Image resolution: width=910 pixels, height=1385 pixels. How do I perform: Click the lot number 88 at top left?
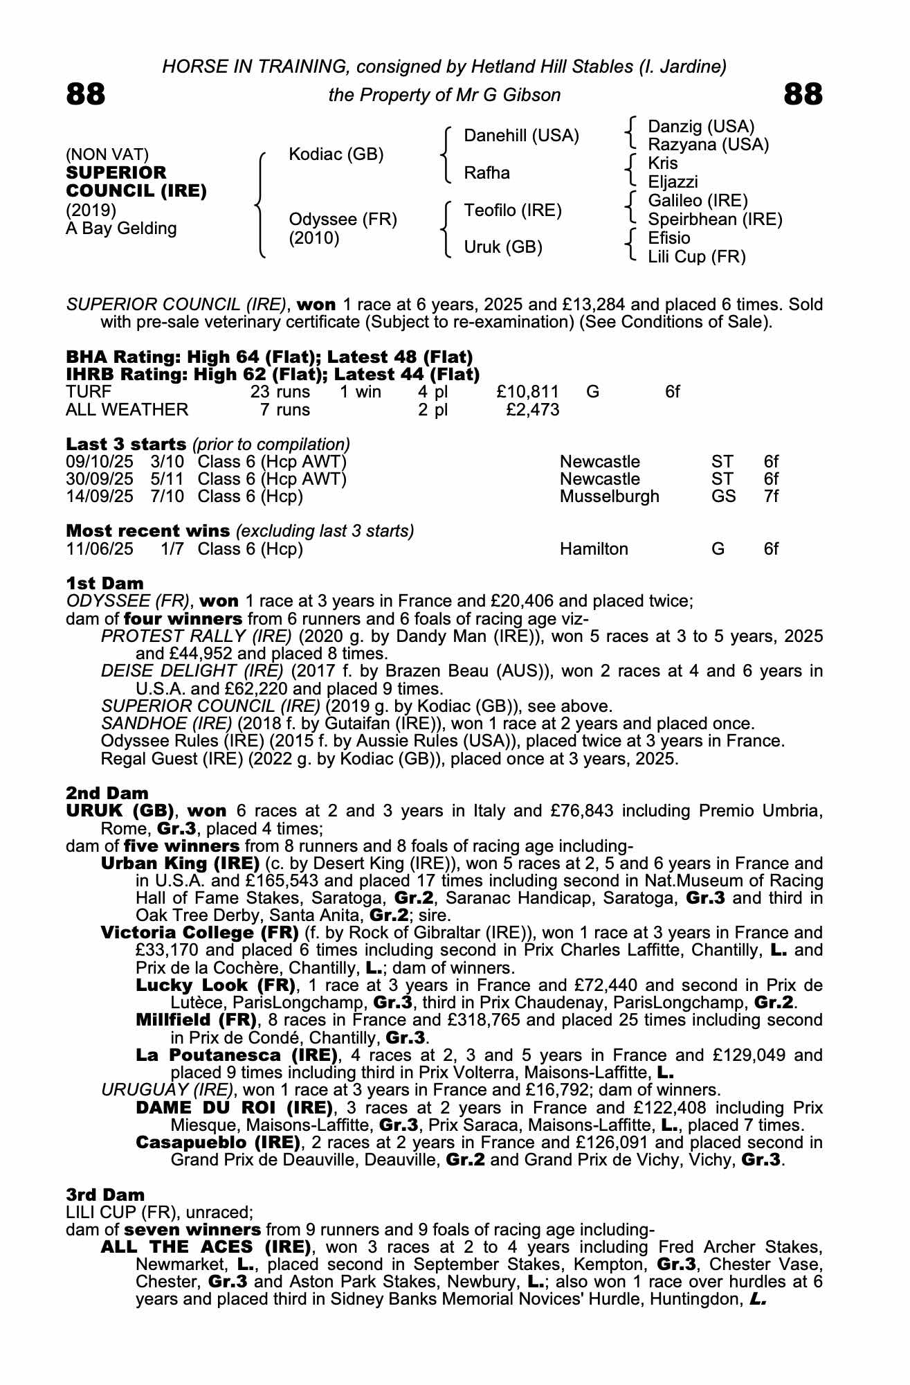[86, 94]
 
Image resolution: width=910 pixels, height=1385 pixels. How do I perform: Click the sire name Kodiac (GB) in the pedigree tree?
[336, 154]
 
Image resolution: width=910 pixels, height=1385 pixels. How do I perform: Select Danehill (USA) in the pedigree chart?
[521, 136]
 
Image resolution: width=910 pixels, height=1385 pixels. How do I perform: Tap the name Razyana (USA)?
[708, 145]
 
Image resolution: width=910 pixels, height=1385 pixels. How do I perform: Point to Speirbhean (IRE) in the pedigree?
[715, 220]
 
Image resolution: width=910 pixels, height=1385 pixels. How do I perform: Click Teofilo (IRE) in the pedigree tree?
[513, 210]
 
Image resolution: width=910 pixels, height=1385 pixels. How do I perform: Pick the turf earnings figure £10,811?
[527, 392]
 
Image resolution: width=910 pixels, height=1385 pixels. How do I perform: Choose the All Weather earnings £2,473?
[532, 409]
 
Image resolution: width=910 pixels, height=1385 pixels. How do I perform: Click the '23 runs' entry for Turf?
[280, 392]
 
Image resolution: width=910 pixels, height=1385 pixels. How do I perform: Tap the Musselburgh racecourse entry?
[609, 497]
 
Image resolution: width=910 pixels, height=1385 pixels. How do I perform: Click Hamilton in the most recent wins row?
[594, 549]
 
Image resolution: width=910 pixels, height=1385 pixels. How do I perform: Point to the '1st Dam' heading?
[105, 583]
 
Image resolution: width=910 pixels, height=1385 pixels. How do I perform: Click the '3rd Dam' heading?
[105, 1195]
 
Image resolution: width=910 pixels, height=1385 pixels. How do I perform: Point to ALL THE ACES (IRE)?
[206, 1247]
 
